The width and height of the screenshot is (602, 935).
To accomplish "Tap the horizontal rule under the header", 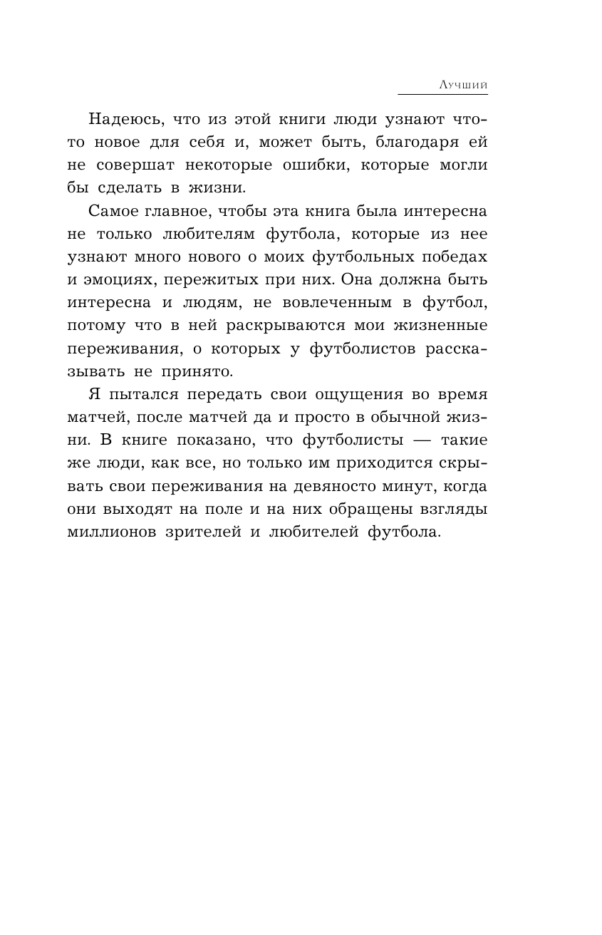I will point(442,93).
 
